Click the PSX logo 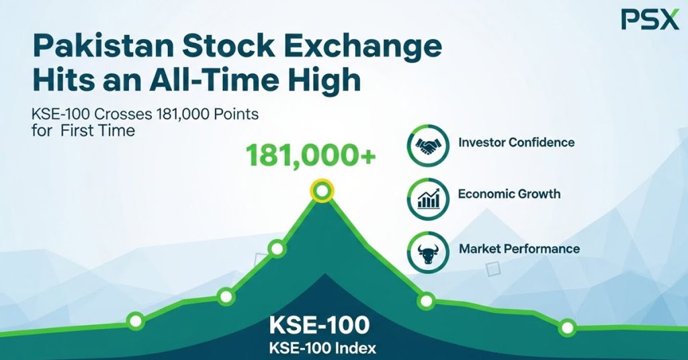point(650,19)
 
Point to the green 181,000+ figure point(310,155)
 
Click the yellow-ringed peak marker point(322,191)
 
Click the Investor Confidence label point(516,142)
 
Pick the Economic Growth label point(509,194)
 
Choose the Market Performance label point(519,249)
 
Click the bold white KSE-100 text point(318,325)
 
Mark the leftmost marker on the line point(136,321)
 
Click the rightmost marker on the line point(568,328)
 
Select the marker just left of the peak point(277,249)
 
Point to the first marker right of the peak point(426,301)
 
